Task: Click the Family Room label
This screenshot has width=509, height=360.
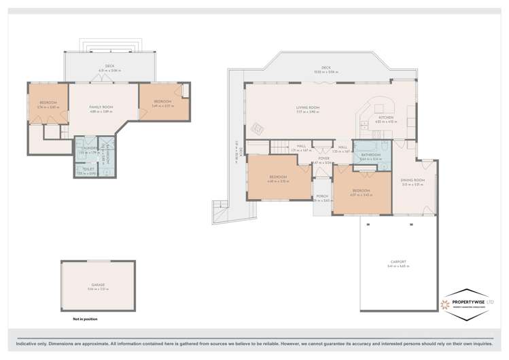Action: [102, 107]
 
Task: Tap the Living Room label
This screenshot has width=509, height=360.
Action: [307, 107]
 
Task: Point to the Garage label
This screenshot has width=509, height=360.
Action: [99, 285]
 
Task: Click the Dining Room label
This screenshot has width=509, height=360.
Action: [413, 180]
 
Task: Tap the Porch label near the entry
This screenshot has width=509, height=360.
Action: [321, 196]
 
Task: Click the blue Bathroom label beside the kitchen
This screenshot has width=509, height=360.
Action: [370, 155]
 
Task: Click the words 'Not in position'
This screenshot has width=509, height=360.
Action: [85, 318]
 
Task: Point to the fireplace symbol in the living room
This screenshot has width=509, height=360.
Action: [258, 128]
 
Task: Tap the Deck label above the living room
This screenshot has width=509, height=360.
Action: [326, 67]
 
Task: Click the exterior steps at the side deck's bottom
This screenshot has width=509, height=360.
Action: [219, 210]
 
